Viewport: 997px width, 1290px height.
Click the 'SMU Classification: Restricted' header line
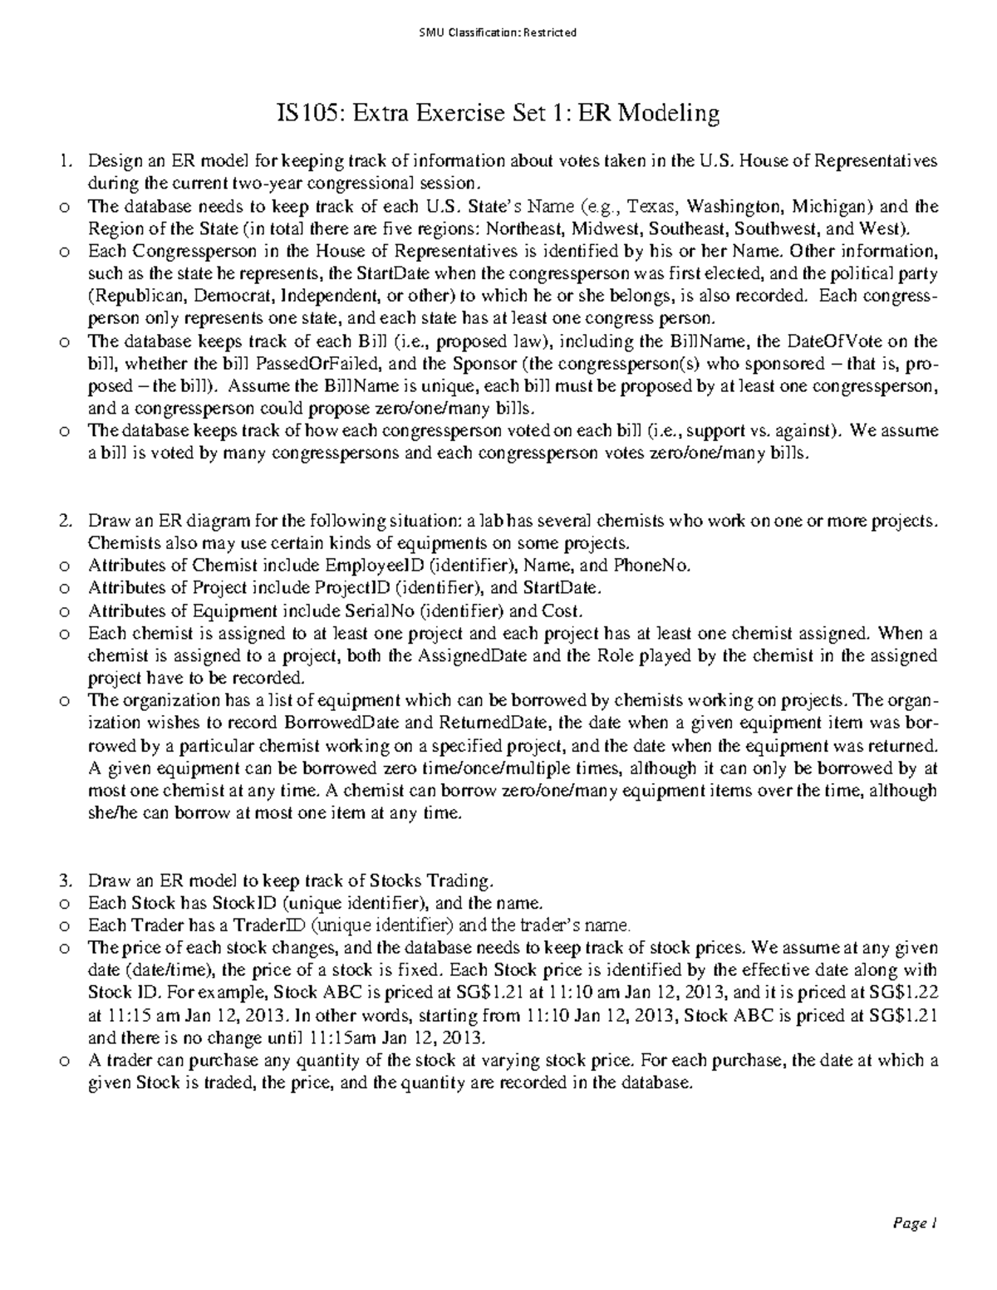498,33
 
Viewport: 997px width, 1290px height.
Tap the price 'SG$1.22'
907,993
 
